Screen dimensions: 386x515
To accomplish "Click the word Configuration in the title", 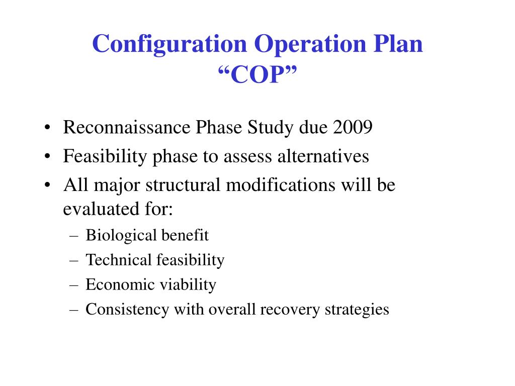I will tap(169, 44).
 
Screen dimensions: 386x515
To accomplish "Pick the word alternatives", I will tap(323, 156).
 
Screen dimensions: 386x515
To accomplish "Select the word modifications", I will tap(281, 185).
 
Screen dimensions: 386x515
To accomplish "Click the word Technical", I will tap(119, 260).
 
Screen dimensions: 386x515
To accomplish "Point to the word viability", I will tap(188, 284).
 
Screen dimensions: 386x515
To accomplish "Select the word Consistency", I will tap(127, 309).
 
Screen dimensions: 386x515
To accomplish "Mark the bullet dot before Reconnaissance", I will tap(47, 128).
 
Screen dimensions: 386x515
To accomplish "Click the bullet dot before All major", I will tap(47, 185).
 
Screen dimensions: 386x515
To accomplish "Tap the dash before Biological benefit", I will tap(72, 235).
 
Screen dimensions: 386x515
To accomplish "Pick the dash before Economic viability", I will tap(72, 284).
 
